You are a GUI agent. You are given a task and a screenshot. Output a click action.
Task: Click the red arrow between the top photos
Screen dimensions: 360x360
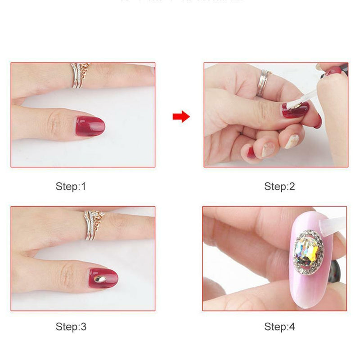181,117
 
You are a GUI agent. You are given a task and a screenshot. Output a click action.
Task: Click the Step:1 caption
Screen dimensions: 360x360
71,186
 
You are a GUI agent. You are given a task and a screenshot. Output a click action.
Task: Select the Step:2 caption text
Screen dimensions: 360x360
279,186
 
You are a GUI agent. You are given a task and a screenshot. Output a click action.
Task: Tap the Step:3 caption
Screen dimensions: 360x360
71,327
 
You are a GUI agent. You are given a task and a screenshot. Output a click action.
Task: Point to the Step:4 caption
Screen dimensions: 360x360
279,327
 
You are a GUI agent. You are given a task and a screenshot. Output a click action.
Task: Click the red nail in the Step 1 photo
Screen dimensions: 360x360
90,124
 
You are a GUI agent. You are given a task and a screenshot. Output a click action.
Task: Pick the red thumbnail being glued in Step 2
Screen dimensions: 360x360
295,109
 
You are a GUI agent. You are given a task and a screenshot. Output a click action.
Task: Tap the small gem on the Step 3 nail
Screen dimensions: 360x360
100,279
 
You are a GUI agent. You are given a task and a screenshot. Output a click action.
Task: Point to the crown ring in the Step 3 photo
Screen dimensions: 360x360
93,224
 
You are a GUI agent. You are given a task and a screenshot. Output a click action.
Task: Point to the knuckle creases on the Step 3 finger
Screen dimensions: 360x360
67,274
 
